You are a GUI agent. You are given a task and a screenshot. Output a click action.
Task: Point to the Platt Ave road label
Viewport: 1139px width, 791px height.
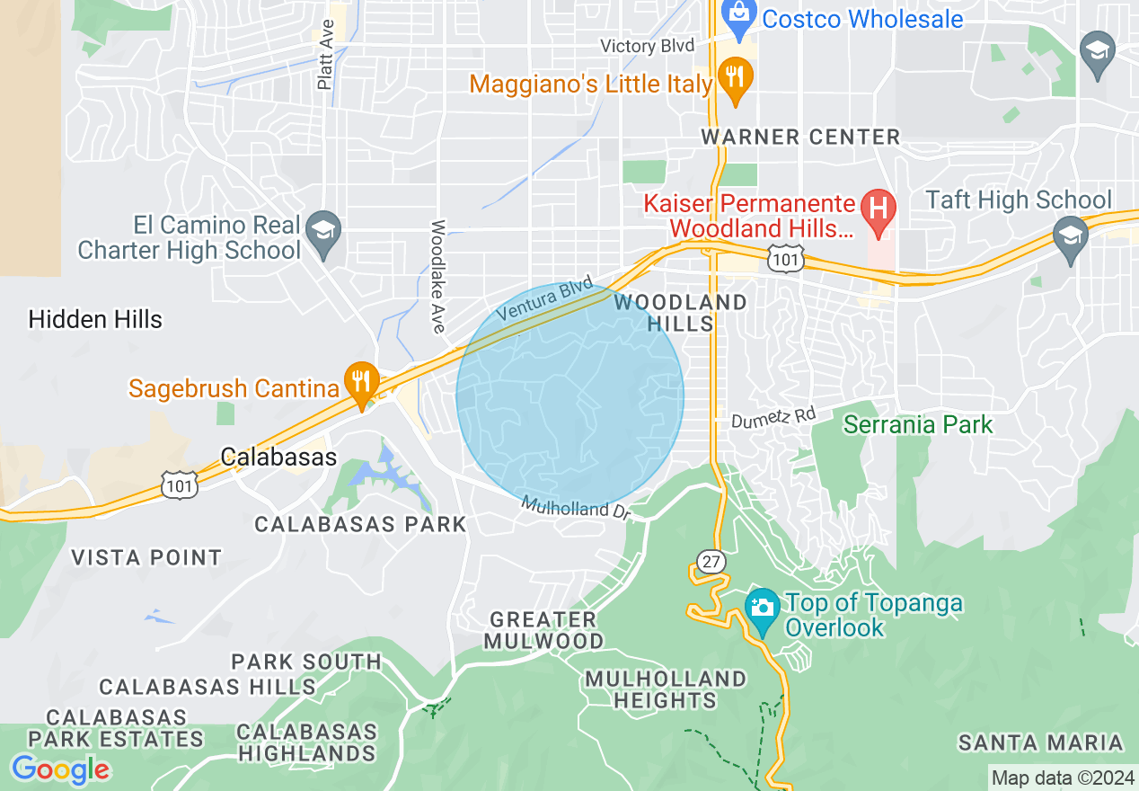[x=325, y=55]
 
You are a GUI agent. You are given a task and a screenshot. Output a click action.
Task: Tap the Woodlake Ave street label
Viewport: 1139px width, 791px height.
[x=438, y=276]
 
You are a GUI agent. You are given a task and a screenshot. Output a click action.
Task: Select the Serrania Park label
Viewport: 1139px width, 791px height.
[x=918, y=424]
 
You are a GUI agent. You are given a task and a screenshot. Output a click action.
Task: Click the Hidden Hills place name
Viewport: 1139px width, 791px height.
[x=95, y=319]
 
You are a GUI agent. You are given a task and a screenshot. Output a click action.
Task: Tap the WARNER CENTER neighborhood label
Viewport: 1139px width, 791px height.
[x=800, y=137]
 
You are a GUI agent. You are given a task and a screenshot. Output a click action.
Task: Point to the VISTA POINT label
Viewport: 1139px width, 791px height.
[x=146, y=557]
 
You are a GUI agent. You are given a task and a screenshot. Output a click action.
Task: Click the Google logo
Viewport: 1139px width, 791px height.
[x=60, y=769]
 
